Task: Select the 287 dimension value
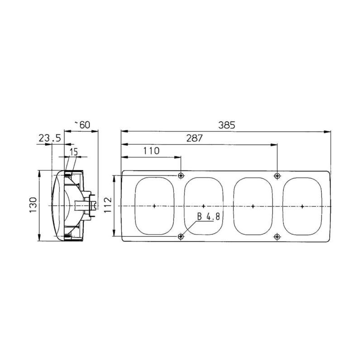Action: tap(194, 138)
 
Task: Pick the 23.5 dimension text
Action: tap(49, 138)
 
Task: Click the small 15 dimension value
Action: tap(73, 151)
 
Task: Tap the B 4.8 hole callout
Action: tap(208, 217)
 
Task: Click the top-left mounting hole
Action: tap(181, 176)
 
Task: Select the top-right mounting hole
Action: tap(277, 176)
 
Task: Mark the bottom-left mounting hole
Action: tap(181, 236)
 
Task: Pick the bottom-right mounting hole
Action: tap(277, 236)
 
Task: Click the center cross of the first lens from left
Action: tap(154, 206)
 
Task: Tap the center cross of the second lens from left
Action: tap(203, 206)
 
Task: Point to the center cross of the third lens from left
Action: tap(252, 206)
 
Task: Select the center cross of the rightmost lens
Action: tap(302, 206)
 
